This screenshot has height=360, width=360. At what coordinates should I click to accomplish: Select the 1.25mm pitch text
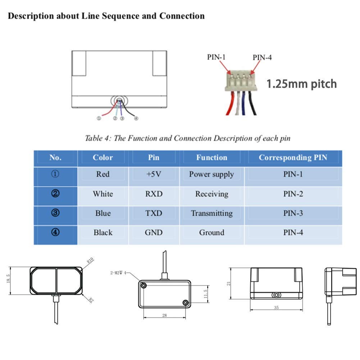[301, 84]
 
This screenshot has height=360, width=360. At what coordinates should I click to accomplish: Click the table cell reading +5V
[154, 174]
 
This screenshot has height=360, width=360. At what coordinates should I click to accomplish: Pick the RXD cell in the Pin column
[154, 194]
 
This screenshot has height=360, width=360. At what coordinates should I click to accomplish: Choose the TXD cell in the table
[154, 213]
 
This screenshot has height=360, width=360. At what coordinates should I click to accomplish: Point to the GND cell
[154, 233]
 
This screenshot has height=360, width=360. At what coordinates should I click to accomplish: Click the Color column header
[103, 158]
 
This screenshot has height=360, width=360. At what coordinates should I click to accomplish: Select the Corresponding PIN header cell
[293, 158]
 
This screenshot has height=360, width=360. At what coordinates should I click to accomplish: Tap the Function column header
[211, 158]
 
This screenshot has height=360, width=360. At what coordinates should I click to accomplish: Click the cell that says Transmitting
[211, 213]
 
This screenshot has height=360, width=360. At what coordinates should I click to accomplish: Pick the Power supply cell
[211, 174]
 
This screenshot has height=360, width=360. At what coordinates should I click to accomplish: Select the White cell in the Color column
[103, 194]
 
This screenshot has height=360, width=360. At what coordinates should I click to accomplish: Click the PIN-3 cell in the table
[293, 213]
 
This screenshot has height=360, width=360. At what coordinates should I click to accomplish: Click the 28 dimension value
[164, 315]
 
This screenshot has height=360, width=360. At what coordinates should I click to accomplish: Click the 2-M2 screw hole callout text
[118, 273]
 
